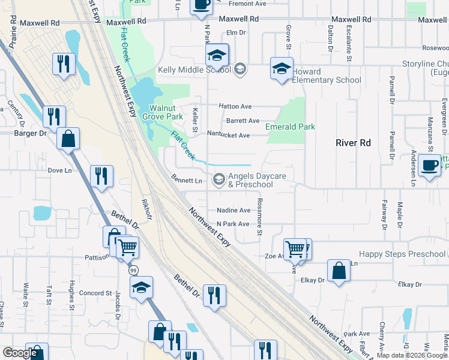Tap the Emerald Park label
pyautogui.click(x=290, y=127)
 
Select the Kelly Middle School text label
pyautogui.click(x=194, y=70)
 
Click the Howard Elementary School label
pyautogui.click(x=327, y=76)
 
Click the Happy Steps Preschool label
pyautogui.click(x=402, y=254)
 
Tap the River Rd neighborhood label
pyautogui.click(x=353, y=143)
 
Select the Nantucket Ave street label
pyautogui.click(x=228, y=136)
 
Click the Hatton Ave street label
pyautogui.click(x=235, y=106)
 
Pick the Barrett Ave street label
pyautogui.click(x=243, y=121)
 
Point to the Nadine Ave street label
pyautogui.click(x=233, y=211)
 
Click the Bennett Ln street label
pyautogui.click(x=186, y=180)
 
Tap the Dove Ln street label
pyautogui.click(x=59, y=170)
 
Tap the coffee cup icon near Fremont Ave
pyautogui.click(x=201, y=5)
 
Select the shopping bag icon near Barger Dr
pyautogui.click(x=68, y=139)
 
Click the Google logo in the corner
pyautogui.click(x=20, y=353)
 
